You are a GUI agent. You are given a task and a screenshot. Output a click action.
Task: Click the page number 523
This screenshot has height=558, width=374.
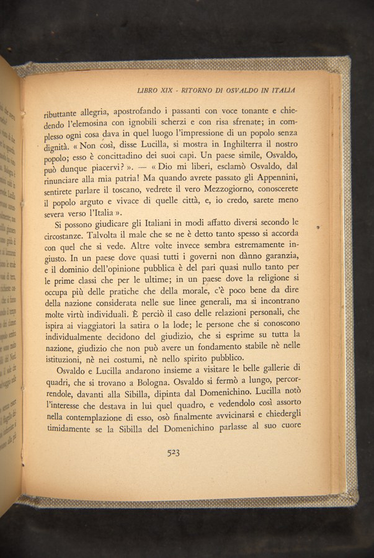pos(173,453)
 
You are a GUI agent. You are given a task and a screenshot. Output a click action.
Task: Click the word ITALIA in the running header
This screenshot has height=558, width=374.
pos(281,90)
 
